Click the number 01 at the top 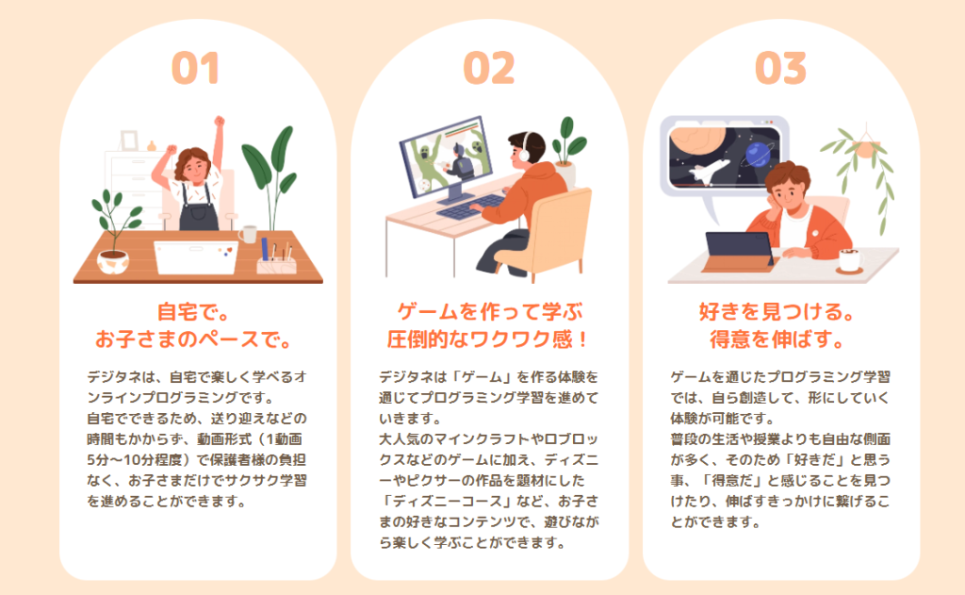point(195,68)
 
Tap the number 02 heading point(489,68)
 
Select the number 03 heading point(780,68)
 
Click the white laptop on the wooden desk point(196,256)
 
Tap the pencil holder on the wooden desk point(276,261)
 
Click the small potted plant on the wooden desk point(114,233)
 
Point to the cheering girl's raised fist point(219,122)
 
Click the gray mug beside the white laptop point(248,234)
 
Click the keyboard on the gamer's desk point(471,207)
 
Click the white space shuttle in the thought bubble point(709,170)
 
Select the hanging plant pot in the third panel point(865,148)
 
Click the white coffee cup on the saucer point(851,260)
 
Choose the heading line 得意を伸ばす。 point(777,339)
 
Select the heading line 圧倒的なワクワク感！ point(488,339)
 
